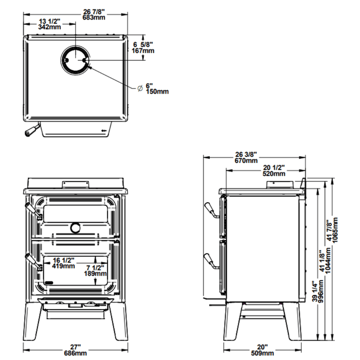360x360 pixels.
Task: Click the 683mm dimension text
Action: coord(75,18)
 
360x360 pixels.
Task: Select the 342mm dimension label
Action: coord(49,27)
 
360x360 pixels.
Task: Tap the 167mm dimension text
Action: coord(143,51)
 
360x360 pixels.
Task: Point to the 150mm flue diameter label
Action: coord(157,92)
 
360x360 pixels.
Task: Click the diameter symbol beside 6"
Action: coord(140,88)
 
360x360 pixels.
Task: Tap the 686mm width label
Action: coord(76,354)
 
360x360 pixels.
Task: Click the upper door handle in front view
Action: coord(31,211)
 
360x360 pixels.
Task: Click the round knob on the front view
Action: coord(76,227)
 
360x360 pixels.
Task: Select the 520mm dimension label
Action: coord(274,174)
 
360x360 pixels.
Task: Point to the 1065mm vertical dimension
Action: coord(337,230)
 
